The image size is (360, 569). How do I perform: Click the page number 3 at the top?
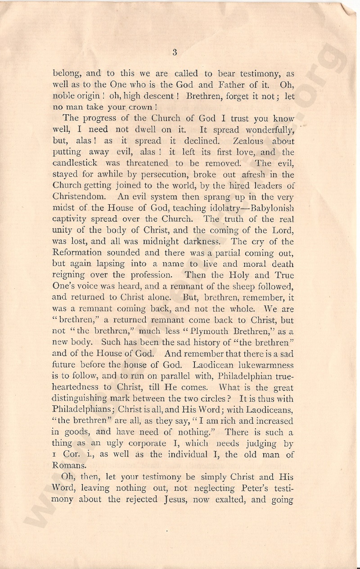[175, 53]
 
